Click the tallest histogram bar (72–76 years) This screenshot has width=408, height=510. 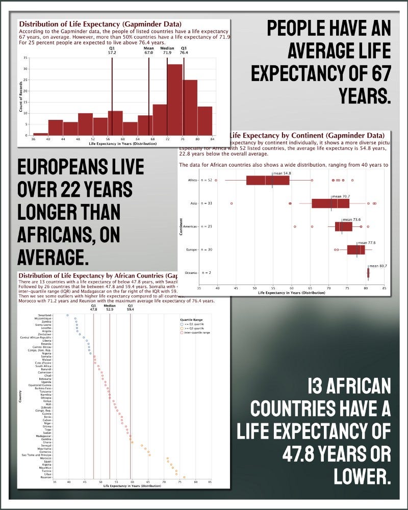click(x=175, y=99)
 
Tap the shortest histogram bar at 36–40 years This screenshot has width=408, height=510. click(x=40, y=134)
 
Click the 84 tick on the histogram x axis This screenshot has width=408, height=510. click(x=212, y=139)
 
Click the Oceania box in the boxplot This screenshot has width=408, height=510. click(x=368, y=273)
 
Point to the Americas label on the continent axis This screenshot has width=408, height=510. click(x=190, y=226)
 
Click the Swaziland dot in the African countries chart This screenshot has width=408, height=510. click(x=67, y=315)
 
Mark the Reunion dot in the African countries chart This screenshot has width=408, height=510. click(x=184, y=477)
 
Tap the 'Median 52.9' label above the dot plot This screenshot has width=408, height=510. click(x=110, y=307)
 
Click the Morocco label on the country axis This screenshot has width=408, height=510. click(x=44, y=458)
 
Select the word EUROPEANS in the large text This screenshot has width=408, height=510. click(x=80, y=168)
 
